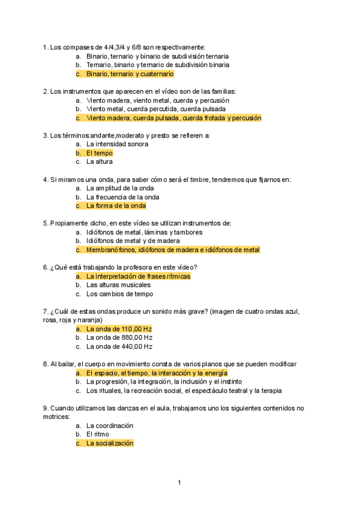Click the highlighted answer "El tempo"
click(x=99, y=153)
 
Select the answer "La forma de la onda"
click(x=116, y=206)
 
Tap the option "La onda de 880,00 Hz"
click(x=119, y=338)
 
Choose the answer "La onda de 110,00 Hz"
click(x=119, y=329)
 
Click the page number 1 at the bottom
click(x=179, y=483)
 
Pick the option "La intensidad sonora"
click(x=117, y=144)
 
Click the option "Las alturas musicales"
click(x=118, y=285)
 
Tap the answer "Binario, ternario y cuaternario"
click(x=130, y=74)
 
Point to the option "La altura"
click(x=100, y=161)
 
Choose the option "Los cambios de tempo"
click(x=119, y=294)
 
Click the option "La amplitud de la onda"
click(x=120, y=188)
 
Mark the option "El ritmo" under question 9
click(x=98, y=435)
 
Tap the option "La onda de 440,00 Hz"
click(x=119, y=346)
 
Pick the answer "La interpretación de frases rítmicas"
click(x=138, y=277)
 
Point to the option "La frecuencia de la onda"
click(x=122, y=197)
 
